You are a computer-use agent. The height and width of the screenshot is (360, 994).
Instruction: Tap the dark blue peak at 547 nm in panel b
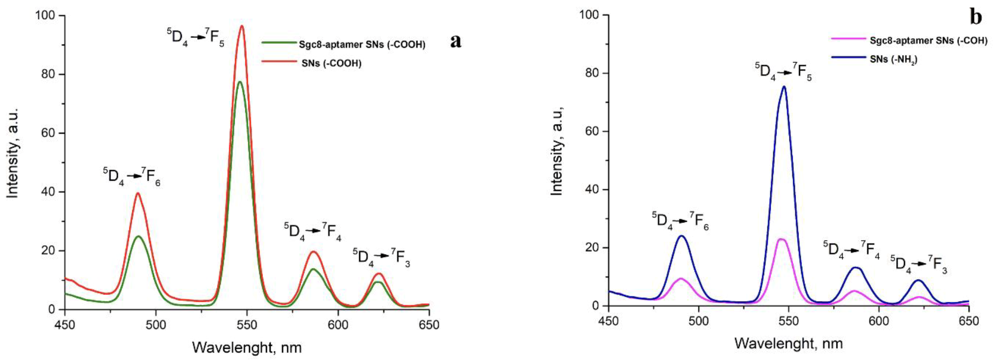tap(784, 87)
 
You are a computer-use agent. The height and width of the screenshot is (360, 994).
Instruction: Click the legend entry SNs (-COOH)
tap(331, 63)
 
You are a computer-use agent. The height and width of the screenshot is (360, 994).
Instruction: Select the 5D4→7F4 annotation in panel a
tap(312, 231)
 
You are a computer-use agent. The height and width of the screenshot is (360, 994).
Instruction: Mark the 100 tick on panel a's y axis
tap(46, 16)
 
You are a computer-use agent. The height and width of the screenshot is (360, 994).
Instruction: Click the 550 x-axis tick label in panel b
tap(789, 321)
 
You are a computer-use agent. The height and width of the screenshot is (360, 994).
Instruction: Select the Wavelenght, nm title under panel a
tap(247, 347)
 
